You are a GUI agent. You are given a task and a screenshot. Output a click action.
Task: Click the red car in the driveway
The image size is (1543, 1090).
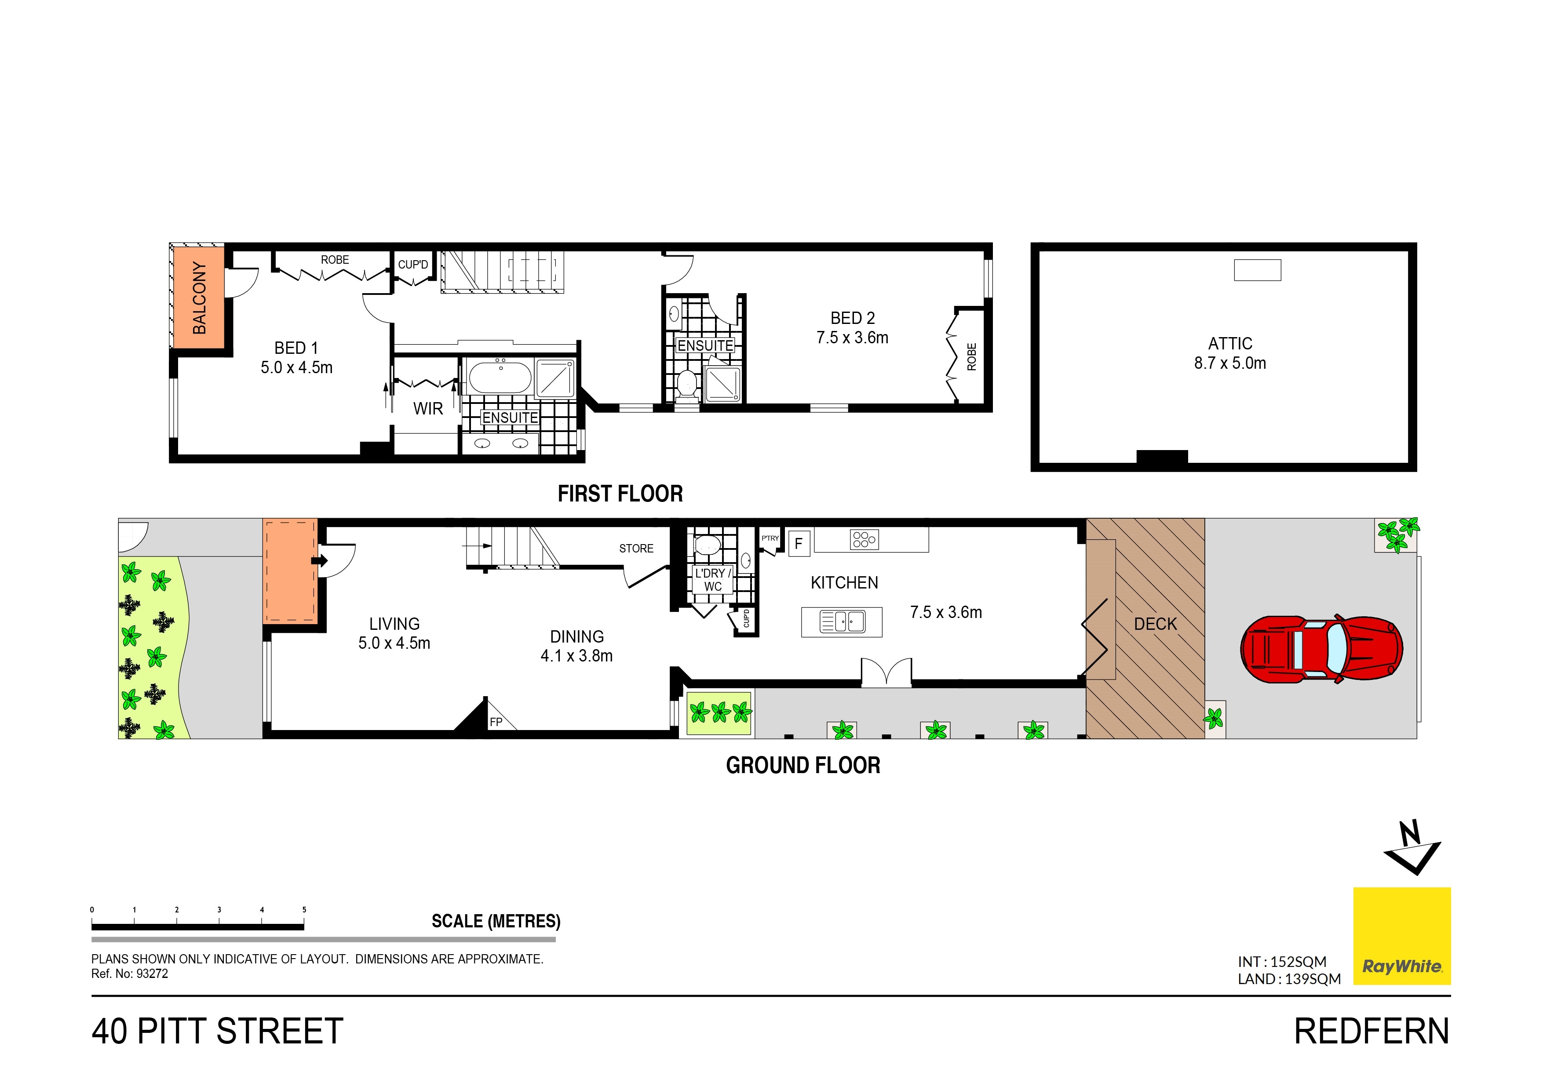coord(1321,650)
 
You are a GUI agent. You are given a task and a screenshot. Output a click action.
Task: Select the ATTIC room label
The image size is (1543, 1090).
coord(1230,344)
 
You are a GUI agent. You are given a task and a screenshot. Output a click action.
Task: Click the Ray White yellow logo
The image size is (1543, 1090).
coord(1402,936)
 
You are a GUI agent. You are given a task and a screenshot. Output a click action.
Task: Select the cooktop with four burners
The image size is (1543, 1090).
coord(864,539)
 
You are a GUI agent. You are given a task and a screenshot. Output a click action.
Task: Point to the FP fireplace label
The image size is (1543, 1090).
coord(496,722)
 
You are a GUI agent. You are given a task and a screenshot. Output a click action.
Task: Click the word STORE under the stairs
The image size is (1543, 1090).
coord(636,549)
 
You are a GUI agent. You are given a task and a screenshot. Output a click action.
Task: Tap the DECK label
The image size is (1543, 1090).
coord(1155,624)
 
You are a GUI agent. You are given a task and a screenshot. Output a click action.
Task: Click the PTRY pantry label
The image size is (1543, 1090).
coord(770,538)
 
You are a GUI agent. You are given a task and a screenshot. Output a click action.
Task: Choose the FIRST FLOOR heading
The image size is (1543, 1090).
coord(620,494)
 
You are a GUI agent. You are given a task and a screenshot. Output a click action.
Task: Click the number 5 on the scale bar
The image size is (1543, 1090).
coord(304,910)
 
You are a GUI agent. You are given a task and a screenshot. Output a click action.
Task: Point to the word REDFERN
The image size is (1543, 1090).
coord(1372,1032)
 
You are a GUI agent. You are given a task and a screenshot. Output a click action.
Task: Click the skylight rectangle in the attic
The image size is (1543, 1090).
coord(1257,270)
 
